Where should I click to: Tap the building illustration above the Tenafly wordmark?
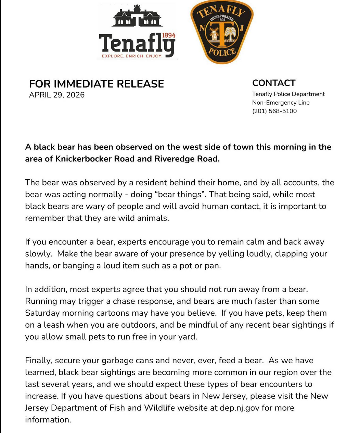pyautogui.click(x=137, y=17)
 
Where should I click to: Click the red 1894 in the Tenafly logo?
pyautogui.click(x=168, y=36)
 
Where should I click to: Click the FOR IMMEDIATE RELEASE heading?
pyautogui.click(x=97, y=84)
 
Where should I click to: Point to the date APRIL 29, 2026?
pyautogui.click(x=57, y=95)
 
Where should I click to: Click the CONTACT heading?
pyautogui.click(x=274, y=83)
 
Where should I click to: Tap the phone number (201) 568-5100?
pyautogui.click(x=274, y=111)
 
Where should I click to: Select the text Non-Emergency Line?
pyautogui.click(x=281, y=103)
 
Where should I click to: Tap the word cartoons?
pyautogui.click(x=111, y=313)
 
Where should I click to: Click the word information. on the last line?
pyautogui.click(x=48, y=420)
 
